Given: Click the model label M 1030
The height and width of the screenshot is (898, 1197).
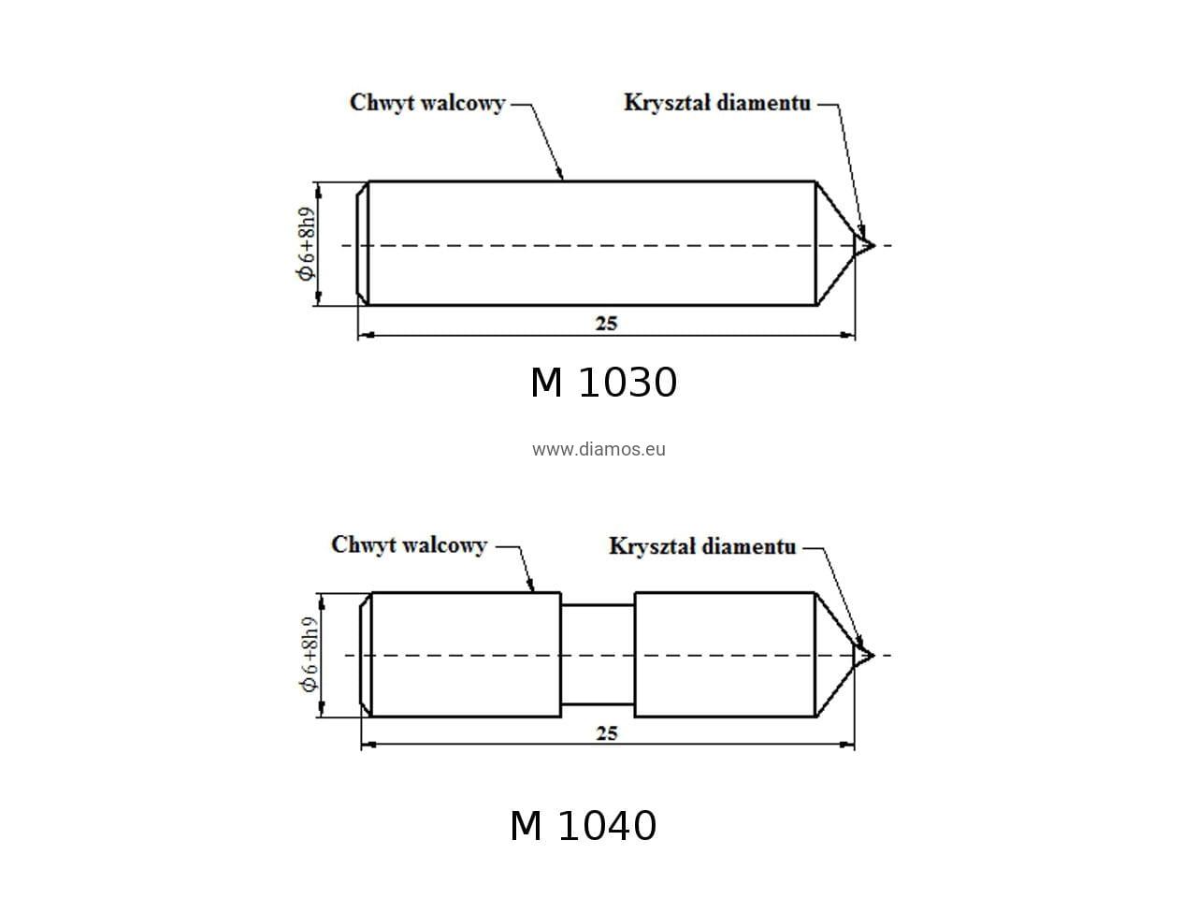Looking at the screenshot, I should click(603, 383).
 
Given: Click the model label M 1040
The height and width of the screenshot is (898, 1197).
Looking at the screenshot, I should click(583, 826).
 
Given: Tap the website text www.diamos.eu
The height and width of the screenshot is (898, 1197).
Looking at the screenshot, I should click(598, 449).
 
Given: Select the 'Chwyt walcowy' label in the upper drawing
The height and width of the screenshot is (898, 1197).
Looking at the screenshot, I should click(427, 103).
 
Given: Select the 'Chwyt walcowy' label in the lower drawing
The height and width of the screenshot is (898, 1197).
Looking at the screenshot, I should click(410, 544).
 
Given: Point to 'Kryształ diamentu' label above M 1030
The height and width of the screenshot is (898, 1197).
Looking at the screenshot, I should click(716, 103).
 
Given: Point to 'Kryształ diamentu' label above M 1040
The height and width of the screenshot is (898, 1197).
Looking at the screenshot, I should click(702, 545).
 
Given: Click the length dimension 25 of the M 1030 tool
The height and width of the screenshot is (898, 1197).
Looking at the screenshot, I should click(606, 324).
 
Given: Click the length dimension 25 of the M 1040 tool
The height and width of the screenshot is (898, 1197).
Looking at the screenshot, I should click(606, 733).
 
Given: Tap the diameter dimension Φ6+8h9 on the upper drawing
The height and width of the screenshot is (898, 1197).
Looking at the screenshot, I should click(306, 243).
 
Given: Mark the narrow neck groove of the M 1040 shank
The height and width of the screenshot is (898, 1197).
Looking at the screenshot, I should click(598, 655).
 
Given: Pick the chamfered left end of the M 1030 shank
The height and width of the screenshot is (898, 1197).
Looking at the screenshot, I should click(363, 243).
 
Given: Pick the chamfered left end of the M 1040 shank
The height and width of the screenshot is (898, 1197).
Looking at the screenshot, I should click(367, 655).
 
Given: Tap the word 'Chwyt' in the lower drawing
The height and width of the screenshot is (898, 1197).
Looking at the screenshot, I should click(359, 544).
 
